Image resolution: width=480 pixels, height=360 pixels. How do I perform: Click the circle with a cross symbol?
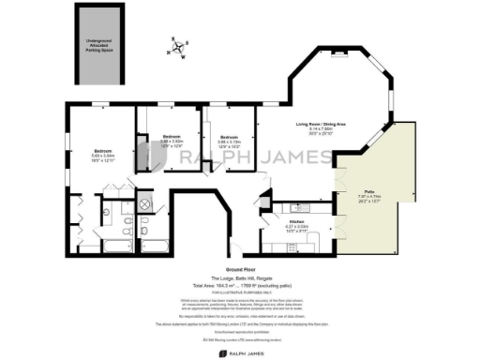145,203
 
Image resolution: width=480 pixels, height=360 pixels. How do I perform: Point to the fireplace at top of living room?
337,58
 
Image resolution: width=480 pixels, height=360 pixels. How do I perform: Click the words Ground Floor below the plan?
240,269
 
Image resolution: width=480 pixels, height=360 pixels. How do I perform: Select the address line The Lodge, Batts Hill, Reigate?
240,277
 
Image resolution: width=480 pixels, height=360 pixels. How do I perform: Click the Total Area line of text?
240,285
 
